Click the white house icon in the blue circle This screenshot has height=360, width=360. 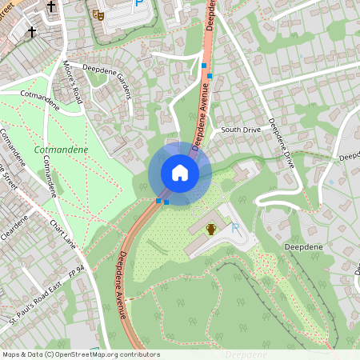coord(179,172)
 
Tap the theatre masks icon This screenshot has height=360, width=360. coord(98,14)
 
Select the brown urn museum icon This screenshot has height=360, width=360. coord(210,230)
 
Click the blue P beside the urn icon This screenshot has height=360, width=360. coord(235,229)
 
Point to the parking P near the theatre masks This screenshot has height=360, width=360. coord(139,4)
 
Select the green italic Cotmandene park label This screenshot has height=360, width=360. coord(61,149)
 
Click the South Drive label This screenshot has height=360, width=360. coord(241,129)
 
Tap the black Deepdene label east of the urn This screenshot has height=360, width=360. coord(303,248)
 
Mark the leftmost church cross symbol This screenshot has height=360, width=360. coord(33,32)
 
